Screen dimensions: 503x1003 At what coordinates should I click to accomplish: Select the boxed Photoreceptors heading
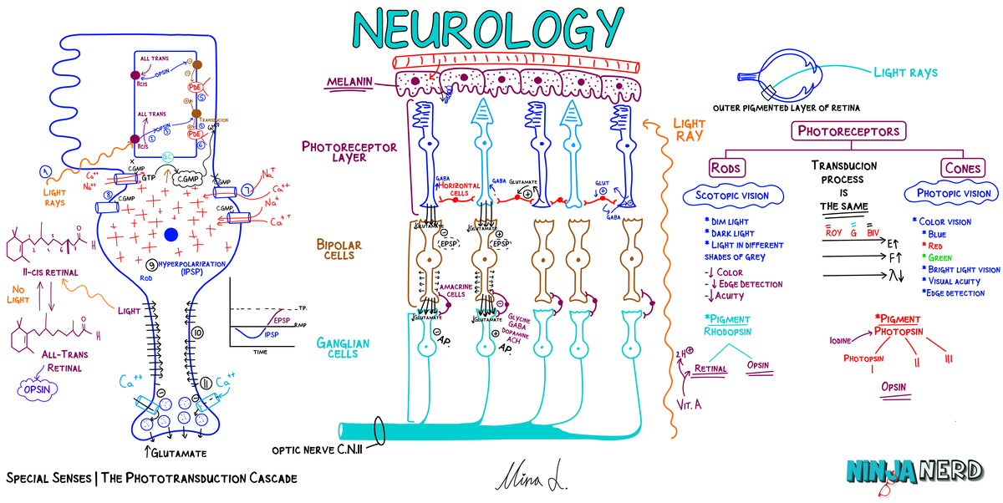pyautogui.click(x=848, y=131)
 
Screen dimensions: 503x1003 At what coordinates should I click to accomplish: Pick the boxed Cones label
pyautogui.click(x=962, y=167)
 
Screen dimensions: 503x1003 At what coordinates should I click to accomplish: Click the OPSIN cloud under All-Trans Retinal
pyautogui.click(x=42, y=388)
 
